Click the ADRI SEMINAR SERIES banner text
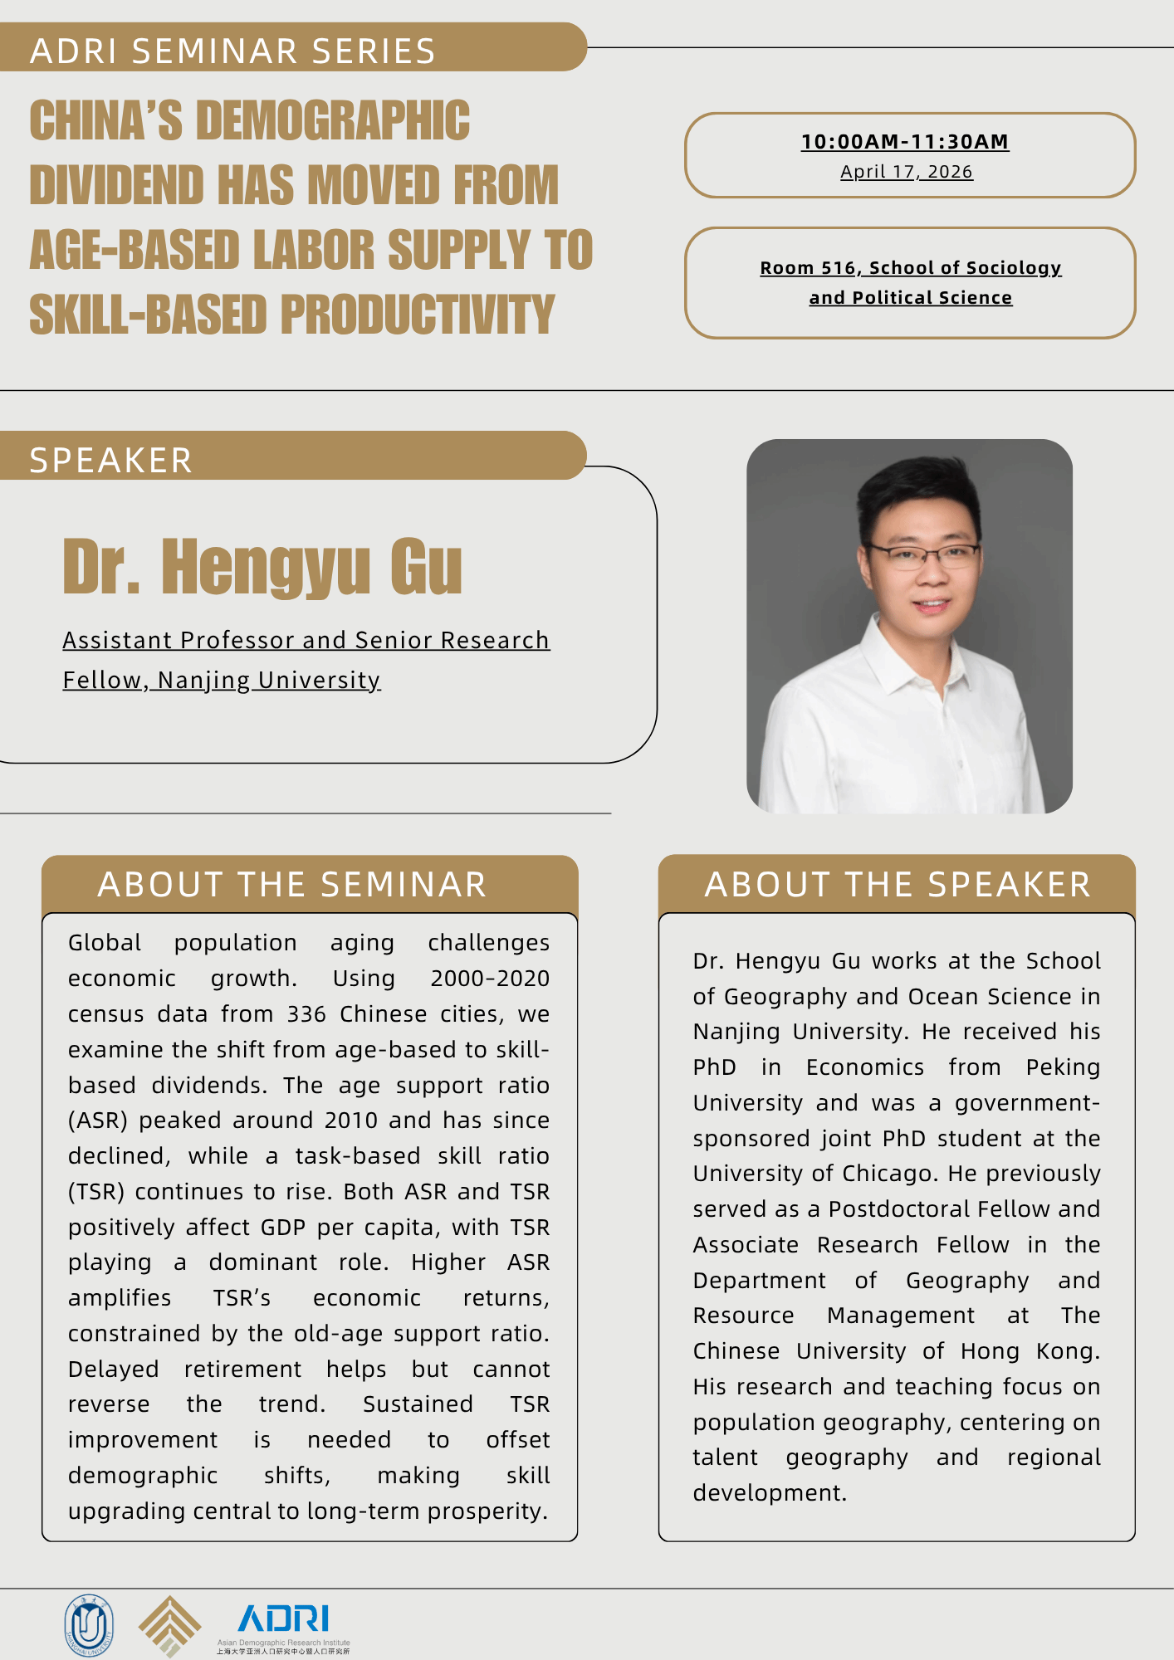coord(232,51)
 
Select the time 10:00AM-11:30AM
coord(905,142)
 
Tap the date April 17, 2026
coord(907,172)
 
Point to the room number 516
coord(838,268)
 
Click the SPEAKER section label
coord(111,461)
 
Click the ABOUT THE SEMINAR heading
coord(292,885)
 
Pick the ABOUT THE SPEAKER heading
coord(898,885)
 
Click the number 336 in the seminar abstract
coord(306,1014)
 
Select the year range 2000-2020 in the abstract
coord(490,979)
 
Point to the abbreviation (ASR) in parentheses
coord(98,1120)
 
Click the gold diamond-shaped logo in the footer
coord(169,1626)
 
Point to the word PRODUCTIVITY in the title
coord(418,315)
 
